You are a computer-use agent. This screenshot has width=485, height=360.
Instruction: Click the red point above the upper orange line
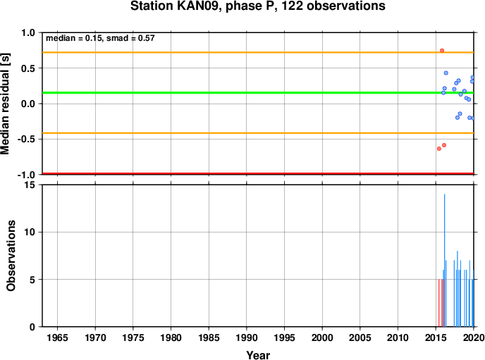tap(442, 50)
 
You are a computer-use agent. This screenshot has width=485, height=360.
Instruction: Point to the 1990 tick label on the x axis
tap(246, 337)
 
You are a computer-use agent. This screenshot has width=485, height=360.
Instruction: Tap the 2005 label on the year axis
tap(360, 337)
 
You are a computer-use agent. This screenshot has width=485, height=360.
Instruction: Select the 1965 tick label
tap(57, 337)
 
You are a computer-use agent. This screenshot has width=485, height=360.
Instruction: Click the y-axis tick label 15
tap(30, 185)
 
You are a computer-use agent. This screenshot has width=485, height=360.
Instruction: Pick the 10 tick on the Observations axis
tap(30, 232)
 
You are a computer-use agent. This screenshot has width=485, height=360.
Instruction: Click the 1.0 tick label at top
tap(28, 32)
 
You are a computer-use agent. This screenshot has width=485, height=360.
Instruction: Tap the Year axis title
tap(258, 355)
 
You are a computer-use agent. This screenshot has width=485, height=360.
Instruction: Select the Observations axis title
tap(11, 256)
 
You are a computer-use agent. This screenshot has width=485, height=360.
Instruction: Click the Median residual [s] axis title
tap(5, 104)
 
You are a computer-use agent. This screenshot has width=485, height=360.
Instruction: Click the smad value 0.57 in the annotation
tap(147, 38)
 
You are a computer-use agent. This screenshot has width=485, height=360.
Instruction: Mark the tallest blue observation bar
tap(445, 260)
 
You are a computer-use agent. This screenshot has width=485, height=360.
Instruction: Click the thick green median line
tap(258, 93)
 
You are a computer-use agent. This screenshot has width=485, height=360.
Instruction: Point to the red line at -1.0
tap(258, 174)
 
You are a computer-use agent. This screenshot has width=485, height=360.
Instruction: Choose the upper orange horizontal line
tap(258, 53)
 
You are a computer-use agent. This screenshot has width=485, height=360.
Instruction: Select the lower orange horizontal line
tap(258, 133)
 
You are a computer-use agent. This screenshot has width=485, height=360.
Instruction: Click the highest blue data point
tap(446, 73)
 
